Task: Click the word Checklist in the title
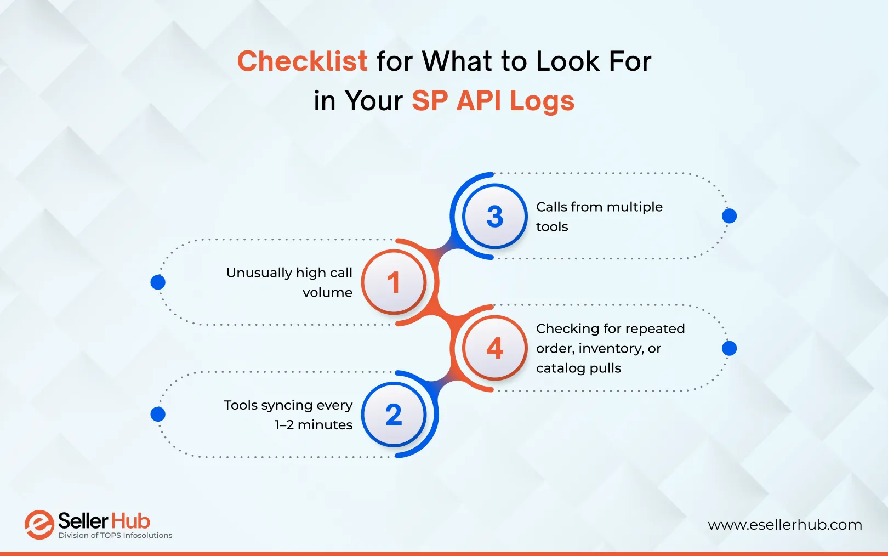302,61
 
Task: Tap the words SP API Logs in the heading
493,101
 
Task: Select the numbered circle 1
394,282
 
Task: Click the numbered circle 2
394,415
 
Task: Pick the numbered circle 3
494,217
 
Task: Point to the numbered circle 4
494,348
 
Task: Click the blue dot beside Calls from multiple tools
729,216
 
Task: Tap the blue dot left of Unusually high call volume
158,282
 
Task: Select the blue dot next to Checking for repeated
729,348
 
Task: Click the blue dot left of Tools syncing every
158,414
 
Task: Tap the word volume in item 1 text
327,293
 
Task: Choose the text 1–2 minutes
314,425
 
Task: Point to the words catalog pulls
578,368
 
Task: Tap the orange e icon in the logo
39,525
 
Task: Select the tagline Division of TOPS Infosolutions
115,536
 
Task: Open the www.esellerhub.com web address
784,525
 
